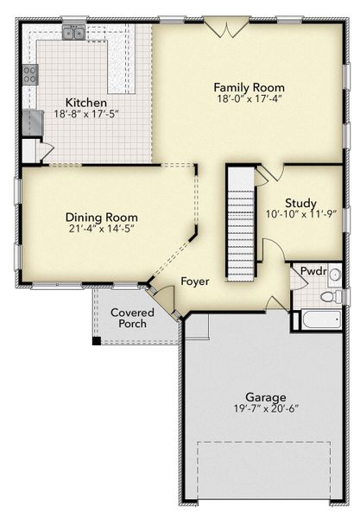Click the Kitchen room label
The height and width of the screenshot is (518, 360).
[x=85, y=103]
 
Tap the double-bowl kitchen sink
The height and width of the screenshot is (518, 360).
[x=73, y=33]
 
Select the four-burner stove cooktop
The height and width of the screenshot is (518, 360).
[x=30, y=74]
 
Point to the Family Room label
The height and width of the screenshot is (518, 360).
[x=249, y=87]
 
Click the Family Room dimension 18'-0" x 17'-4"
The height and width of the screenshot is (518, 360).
[x=249, y=98]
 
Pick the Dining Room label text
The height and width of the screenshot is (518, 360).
[x=101, y=218]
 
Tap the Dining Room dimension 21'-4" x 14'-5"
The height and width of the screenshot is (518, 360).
[x=101, y=228]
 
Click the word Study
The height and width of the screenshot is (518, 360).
[x=301, y=203]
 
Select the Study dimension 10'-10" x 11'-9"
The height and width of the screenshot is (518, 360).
[x=301, y=214]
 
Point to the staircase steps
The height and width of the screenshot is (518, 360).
[x=242, y=239]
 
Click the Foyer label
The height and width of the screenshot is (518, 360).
[x=195, y=281]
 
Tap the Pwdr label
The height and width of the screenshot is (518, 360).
[x=313, y=271]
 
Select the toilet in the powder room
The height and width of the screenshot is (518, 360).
[x=332, y=296]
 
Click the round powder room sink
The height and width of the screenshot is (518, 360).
[x=335, y=275]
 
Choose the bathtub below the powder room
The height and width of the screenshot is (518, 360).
[x=321, y=319]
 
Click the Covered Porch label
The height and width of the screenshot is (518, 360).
[x=132, y=318]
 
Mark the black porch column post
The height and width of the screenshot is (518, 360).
[x=97, y=341]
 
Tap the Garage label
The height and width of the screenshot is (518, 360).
[x=266, y=397]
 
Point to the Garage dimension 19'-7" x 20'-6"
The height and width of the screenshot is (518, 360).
[x=266, y=408]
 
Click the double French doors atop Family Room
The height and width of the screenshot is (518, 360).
[x=226, y=27]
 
